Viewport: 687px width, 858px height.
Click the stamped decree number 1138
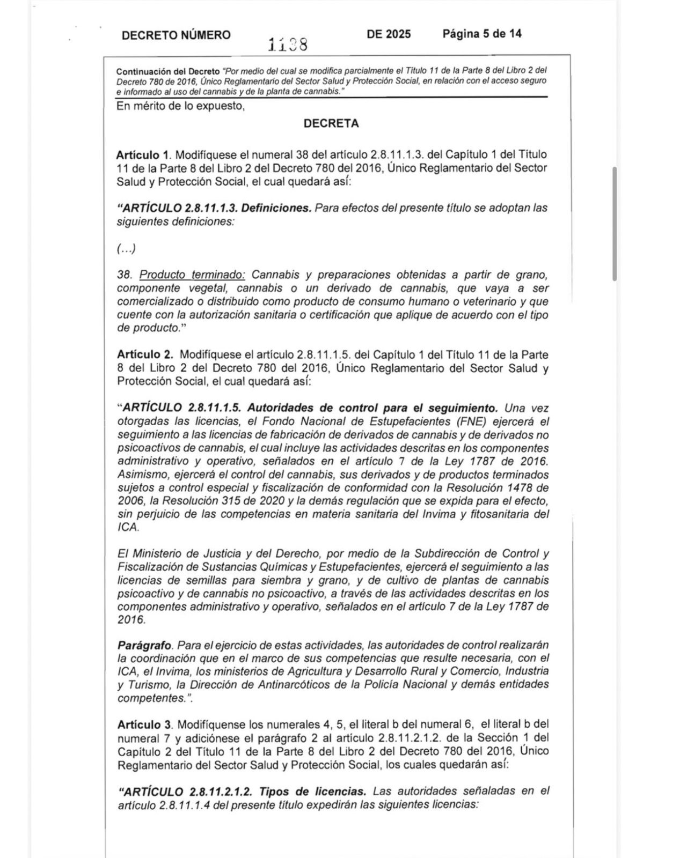288,45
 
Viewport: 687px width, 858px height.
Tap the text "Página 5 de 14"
482,34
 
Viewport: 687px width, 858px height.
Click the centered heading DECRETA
331,123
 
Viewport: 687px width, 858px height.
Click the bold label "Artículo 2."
145,355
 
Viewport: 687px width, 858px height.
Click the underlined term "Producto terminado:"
192,275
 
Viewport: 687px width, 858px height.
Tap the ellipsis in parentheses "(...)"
127,248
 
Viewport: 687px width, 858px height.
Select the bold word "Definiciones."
276,208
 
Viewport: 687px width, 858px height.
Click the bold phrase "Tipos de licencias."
313,791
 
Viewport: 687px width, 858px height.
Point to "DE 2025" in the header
389,34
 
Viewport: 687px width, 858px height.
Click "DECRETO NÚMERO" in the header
176,35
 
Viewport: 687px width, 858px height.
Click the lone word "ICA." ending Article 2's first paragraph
128,528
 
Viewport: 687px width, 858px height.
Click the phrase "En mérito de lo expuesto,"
180,106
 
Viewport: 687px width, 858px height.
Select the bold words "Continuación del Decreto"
168,71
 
